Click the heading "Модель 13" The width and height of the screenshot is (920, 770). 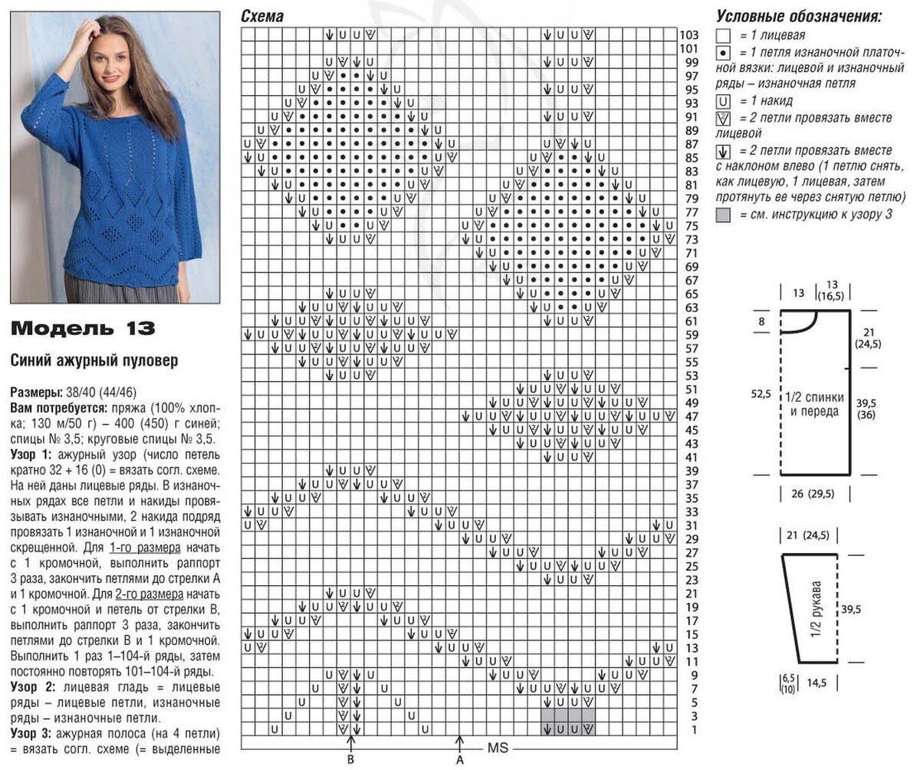pyautogui.click(x=83, y=329)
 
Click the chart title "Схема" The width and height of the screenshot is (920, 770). pyautogui.click(x=261, y=16)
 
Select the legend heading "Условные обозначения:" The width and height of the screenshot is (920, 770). pyautogui.click(x=798, y=16)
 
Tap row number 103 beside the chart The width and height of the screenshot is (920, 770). pyautogui.click(x=688, y=35)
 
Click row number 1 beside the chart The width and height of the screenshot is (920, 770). pyautogui.click(x=693, y=729)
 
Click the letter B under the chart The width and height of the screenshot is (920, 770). pyautogui.click(x=350, y=760)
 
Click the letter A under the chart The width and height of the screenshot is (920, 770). pyautogui.click(x=460, y=760)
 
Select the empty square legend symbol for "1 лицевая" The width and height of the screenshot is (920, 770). pyautogui.click(x=722, y=35)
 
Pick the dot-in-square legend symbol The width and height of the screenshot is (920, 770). pyautogui.click(x=722, y=53)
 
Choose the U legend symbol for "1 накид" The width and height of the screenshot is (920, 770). pyautogui.click(x=722, y=100)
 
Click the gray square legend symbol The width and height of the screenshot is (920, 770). pyautogui.click(x=722, y=216)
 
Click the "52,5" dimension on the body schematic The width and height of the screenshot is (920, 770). pyautogui.click(x=761, y=393)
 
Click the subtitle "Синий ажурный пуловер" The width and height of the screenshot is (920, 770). pyautogui.click(x=93, y=360)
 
